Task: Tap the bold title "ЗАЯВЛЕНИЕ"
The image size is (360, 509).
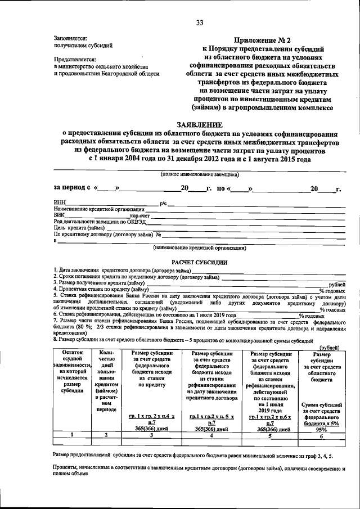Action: point(200,125)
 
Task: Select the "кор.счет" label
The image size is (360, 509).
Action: point(140,215)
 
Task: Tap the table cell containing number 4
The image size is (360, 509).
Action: point(211,435)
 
